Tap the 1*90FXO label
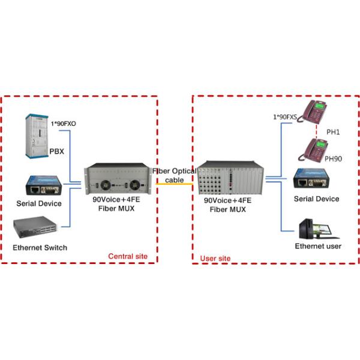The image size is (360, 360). (63, 124)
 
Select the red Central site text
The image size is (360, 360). (128, 257)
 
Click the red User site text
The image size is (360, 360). (215, 259)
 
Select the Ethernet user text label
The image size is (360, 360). (318, 247)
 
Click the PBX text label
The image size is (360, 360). (56, 152)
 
